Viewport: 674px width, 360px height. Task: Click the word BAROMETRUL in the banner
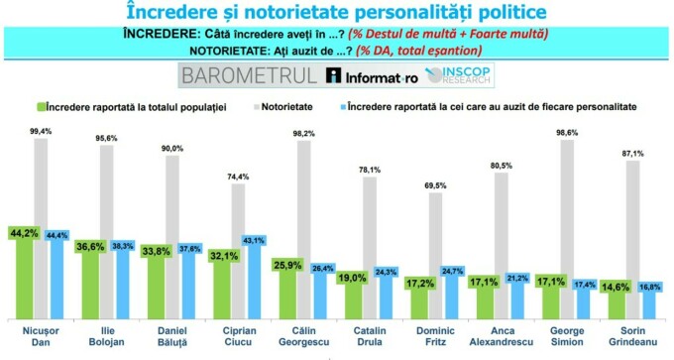pyautogui.click(x=249, y=75)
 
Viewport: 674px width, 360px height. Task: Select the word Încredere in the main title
pyautogui.click(x=175, y=12)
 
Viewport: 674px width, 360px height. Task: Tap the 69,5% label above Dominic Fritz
pyautogui.click(x=435, y=184)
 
